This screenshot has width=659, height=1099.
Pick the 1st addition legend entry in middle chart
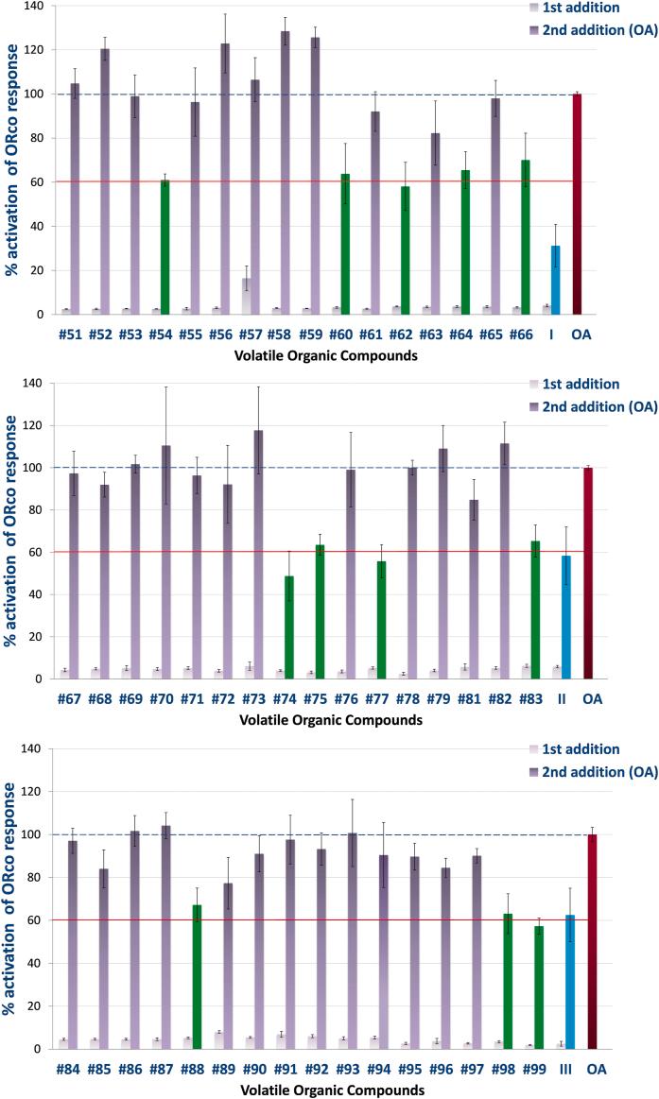click(586, 384)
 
